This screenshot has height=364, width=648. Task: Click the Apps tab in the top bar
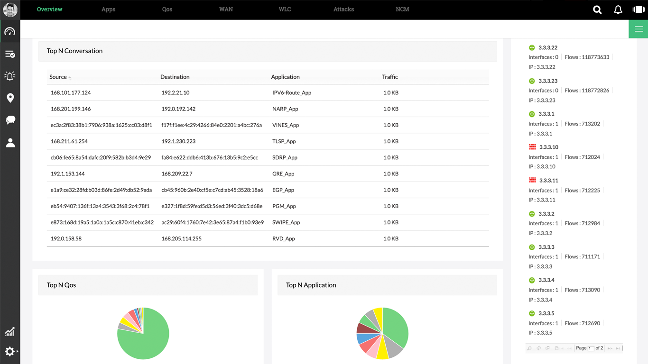tap(108, 9)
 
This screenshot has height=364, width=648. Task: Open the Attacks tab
tap(343, 9)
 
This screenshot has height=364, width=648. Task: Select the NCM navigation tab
tap(402, 9)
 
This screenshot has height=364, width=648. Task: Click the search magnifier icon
tap(597, 9)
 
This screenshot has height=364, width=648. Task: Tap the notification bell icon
tap(618, 9)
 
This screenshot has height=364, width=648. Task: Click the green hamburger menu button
tap(639, 29)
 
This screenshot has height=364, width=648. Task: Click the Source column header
tap(58, 77)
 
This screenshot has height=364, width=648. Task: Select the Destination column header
tap(175, 77)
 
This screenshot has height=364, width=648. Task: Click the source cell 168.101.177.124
tap(71, 93)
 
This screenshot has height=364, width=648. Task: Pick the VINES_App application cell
tap(286, 125)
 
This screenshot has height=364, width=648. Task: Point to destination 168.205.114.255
tap(181, 239)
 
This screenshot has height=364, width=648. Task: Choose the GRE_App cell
tap(283, 174)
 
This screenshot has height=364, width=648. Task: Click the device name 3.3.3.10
tap(548, 147)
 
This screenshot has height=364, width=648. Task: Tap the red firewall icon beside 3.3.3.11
tap(532, 180)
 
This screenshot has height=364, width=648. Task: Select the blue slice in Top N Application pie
tap(364, 338)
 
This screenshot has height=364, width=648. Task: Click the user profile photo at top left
tap(10, 9)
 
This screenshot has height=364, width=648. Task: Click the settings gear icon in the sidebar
tap(9, 351)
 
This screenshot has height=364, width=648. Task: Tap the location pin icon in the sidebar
tap(10, 98)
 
